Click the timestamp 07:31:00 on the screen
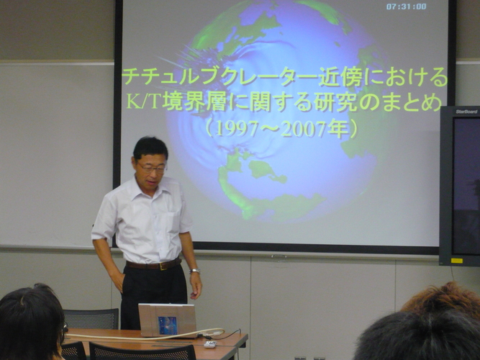coord(406,6)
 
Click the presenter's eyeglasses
coord(152,168)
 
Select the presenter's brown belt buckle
coord(163,266)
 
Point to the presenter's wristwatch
coord(195,271)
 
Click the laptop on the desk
coord(167,320)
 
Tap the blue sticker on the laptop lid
coord(168,325)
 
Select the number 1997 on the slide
coord(236,130)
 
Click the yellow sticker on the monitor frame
coord(457,261)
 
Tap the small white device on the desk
coord(210,344)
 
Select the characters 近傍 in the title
coord(341,76)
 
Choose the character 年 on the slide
coord(338,130)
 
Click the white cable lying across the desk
coord(144,336)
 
